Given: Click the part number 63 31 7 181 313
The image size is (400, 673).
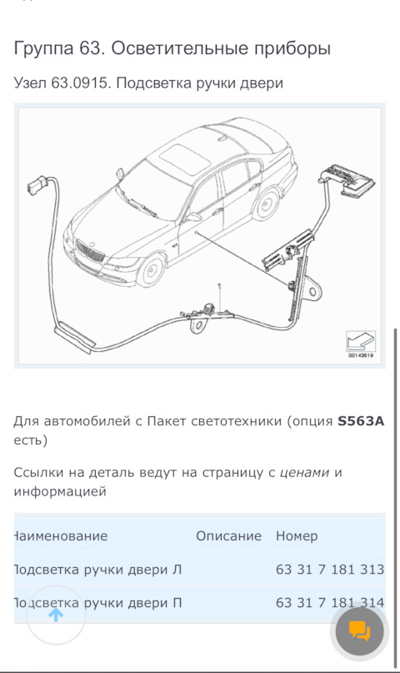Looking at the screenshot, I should click(329, 570).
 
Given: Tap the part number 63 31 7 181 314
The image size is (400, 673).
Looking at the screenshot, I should click(329, 602).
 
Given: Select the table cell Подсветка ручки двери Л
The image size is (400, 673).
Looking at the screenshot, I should click(98, 570).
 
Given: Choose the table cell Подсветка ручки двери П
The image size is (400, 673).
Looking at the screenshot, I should click(98, 602).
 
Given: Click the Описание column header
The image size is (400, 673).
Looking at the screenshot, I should click(228, 536).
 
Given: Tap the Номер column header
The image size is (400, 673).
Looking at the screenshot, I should click(297, 536).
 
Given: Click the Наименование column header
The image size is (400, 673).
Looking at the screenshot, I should click(61, 536).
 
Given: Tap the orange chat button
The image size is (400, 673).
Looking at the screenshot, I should click(359, 631).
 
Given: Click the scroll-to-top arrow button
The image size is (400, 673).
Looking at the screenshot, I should click(56, 615).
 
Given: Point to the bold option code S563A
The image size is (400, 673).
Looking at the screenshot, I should click(360, 421).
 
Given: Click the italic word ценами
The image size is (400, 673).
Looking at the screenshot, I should click(304, 473).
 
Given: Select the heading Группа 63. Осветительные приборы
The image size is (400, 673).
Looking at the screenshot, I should click(172, 49).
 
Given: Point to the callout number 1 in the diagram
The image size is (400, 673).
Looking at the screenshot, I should click(219, 287).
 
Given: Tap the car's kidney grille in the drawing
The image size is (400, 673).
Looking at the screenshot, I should click(85, 250).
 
